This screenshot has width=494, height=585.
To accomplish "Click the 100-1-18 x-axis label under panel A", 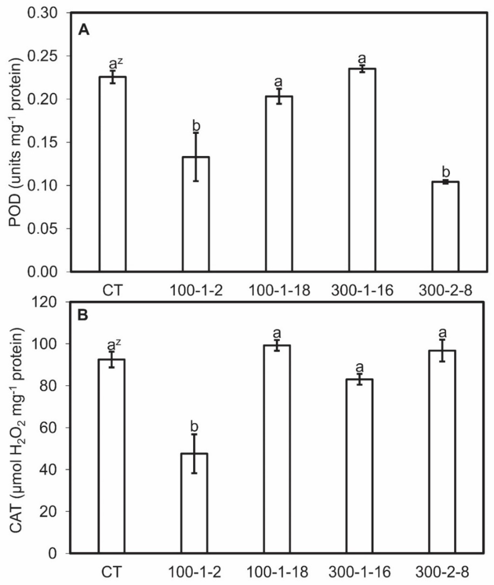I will pyautogui.click(x=279, y=291).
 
